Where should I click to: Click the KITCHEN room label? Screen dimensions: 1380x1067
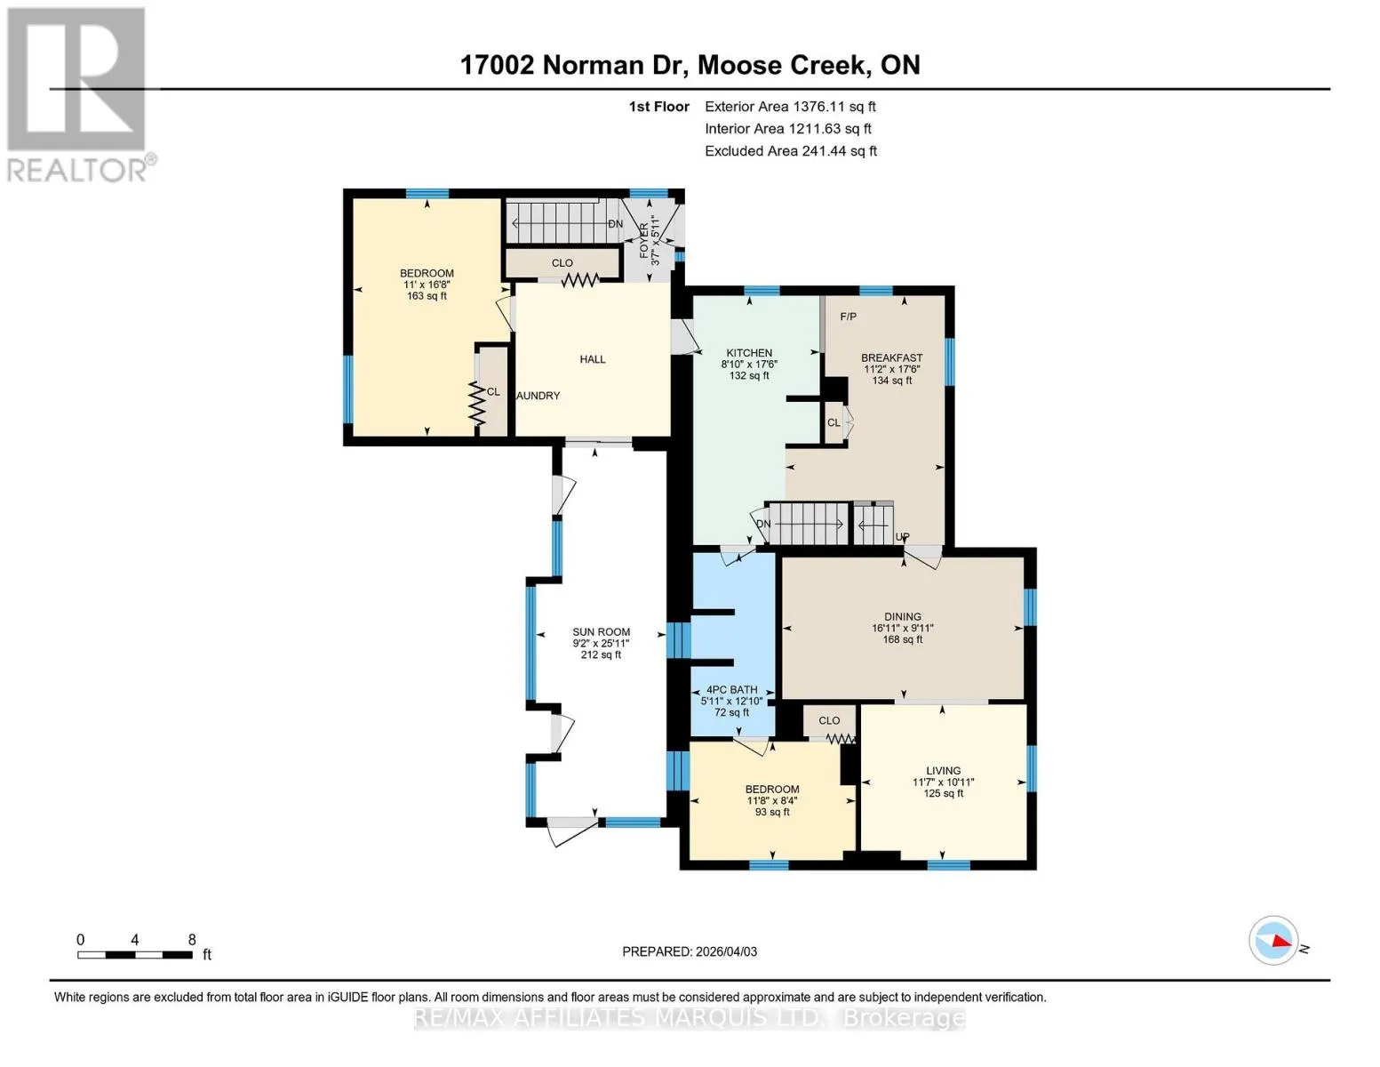[x=749, y=353]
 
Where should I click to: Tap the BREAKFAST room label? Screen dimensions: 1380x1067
[x=891, y=357]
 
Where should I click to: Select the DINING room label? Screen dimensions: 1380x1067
[x=903, y=616]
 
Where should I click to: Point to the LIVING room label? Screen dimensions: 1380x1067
[x=943, y=770]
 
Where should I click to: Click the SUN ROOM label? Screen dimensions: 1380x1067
[x=601, y=631]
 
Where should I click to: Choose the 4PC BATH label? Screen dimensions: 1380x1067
[x=731, y=689]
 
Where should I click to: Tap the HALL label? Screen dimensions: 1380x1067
[x=593, y=359]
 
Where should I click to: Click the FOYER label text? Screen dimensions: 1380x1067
[x=644, y=241]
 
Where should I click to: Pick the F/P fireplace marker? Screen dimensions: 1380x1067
[x=848, y=317]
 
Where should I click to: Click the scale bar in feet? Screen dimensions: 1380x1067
[x=135, y=954]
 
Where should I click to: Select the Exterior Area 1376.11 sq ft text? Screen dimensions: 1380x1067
[x=790, y=107]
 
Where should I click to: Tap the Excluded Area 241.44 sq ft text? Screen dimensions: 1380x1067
[x=791, y=151]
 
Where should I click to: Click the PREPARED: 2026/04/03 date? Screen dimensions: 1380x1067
[x=690, y=951]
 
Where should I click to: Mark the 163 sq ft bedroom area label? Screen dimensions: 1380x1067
[x=427, y=296]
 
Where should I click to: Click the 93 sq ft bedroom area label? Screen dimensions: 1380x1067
[x=772, y=812]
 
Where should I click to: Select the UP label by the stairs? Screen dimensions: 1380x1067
[x=903, y=537]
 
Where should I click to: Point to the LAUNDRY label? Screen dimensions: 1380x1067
[x=538, y=396]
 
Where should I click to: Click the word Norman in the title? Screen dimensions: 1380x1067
[x=594, y=65]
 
